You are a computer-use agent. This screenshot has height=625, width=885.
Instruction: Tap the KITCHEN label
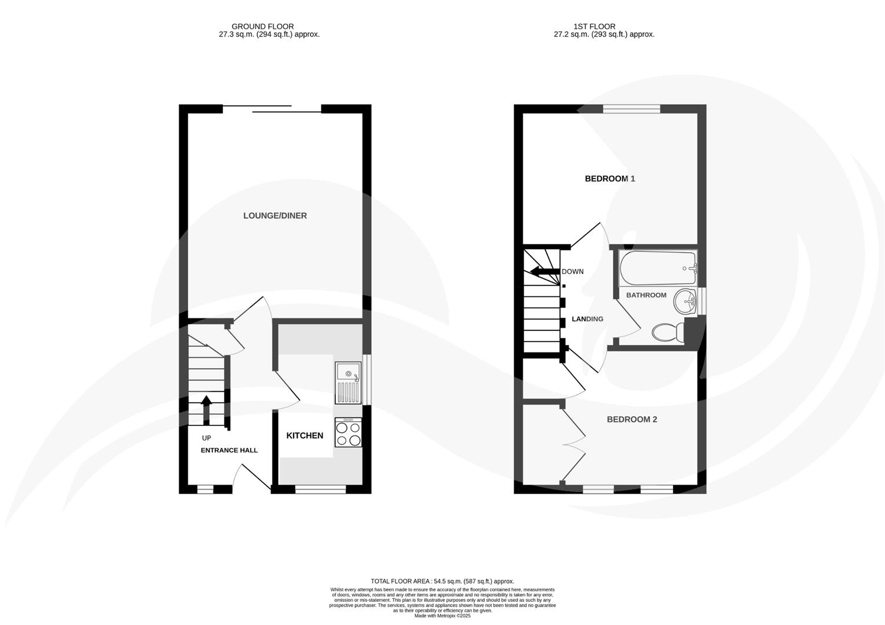pos(305,436)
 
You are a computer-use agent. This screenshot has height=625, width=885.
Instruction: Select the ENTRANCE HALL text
pos(229,450)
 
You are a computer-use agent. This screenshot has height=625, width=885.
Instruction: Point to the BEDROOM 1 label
pos(609,179)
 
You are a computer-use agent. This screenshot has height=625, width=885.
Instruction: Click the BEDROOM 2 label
pos(631,420)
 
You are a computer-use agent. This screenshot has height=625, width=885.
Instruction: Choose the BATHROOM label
pos(646,295)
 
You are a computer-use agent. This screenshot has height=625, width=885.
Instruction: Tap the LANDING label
pos(587,319)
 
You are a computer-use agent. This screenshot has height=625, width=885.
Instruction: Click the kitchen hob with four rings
pos(348,433)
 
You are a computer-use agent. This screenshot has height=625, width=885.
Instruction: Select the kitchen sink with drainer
pos(348,383)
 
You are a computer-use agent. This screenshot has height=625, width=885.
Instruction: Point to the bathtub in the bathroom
pos(657,268)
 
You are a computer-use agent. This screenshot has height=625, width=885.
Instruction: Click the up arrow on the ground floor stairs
pos(206,408)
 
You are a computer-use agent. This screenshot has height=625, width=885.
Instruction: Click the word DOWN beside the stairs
pos(573,272)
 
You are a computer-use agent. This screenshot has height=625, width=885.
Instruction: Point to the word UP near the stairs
pos(206,438)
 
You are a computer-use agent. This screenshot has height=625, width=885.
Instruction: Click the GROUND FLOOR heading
pos(262,27)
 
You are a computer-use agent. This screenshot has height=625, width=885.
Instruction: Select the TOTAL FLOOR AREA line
pos(442,581)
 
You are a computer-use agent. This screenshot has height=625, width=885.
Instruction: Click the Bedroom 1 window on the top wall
pos(631,109)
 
